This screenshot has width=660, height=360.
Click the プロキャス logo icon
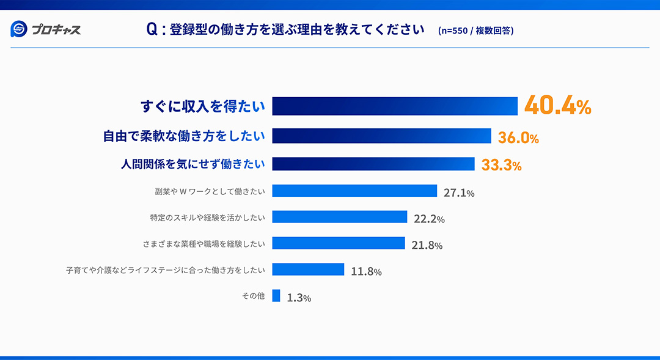pos(18,29)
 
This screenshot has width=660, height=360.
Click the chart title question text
pos(285,29)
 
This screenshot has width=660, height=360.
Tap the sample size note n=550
pos(475,31)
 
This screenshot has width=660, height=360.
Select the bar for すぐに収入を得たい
pos(395,106)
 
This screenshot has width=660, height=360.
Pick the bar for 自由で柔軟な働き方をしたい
pos(381,136)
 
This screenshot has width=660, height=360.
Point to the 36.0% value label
pos(518,138)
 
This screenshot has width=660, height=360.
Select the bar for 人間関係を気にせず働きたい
pos(373,164)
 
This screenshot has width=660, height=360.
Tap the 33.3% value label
pos(501,165)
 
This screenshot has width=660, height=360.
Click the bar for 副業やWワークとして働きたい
pos(354,191)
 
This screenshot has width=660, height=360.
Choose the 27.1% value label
pos(459,193)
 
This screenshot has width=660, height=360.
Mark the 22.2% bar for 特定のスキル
pos(339,217)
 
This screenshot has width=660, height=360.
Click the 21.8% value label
pos(427,246)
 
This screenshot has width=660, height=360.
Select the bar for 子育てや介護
pos(308,270)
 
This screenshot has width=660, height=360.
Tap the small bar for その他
pos(276,296)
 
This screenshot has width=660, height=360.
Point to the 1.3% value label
pos(299,298)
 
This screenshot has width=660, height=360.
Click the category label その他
pos(253,296)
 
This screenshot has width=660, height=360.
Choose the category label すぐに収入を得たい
pos(203,106)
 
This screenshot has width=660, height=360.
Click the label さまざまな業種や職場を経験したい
pos(204,244)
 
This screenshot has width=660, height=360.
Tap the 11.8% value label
pos(366,272)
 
